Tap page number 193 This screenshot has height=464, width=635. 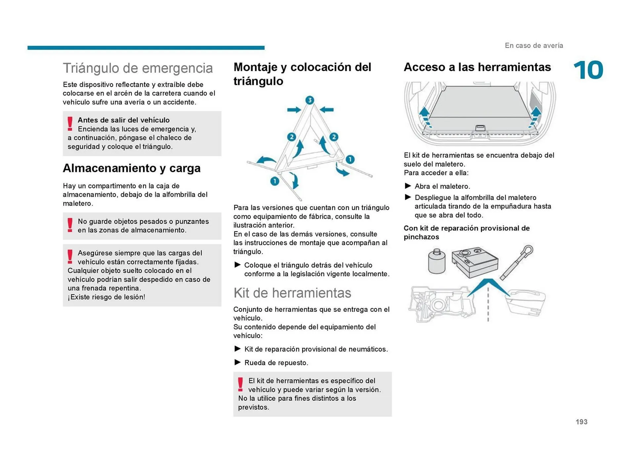click(581, 422)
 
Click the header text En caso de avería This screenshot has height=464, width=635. click(533, 46)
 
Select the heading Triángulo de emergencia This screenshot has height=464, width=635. click(138, 68)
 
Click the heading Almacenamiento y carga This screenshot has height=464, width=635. click(132, 168)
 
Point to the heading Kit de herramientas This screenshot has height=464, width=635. click(292, 293)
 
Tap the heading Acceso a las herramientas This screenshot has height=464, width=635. click(477, 67)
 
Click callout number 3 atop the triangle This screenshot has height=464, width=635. click(310, 100)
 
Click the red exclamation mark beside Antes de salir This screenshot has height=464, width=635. click(70, 123)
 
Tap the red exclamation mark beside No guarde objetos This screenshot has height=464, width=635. click(70, 225)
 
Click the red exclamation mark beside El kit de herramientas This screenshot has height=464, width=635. click(240, 385)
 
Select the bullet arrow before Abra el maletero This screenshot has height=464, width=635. click(408, 186)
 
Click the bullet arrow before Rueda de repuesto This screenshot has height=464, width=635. click(237, 362)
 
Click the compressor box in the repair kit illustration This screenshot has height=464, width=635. click(475, 262)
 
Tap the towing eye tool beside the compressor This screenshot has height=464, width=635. click(517, 262)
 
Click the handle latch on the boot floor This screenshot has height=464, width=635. click(480, 128)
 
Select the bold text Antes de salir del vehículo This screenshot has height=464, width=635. click(123, 120)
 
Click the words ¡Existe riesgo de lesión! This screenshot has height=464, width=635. click(106, 297)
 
